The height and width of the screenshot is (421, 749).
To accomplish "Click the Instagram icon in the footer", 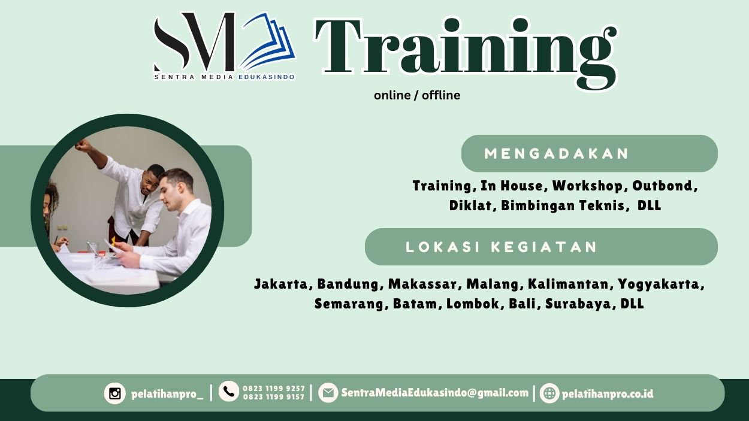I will point(115,393).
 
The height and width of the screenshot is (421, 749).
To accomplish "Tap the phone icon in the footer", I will point(229,392).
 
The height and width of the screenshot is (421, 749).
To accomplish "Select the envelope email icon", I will point(328,393).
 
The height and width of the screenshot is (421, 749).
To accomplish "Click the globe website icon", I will point(549,393).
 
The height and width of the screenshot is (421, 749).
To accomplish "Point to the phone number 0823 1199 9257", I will point(274,389).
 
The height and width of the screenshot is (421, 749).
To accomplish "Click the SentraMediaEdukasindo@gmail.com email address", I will point(435,393).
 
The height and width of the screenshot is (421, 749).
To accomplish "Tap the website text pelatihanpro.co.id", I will point(608,394).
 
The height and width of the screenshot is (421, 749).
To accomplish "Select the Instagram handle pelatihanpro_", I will point(167,394).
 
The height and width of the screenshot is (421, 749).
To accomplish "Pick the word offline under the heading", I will point(441,95).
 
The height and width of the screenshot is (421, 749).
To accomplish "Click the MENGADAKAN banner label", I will point(557,154).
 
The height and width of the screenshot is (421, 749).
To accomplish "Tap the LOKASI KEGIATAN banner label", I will point(502,247).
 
